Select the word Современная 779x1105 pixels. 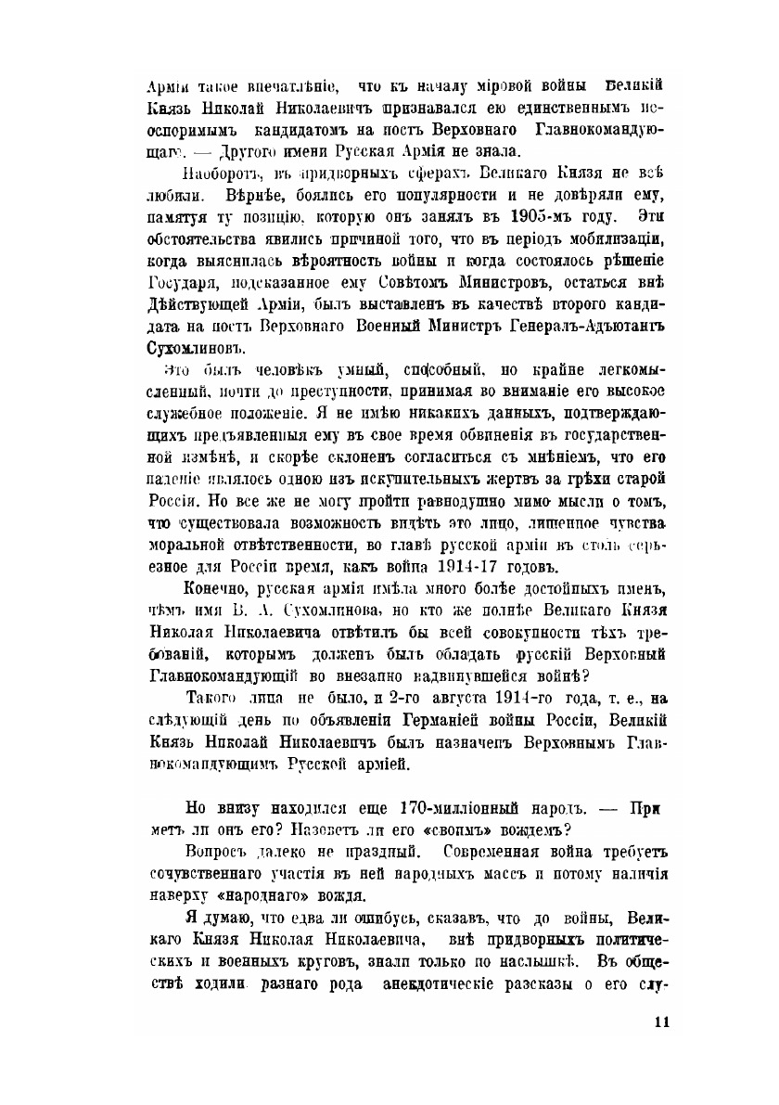coord(494,851)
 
